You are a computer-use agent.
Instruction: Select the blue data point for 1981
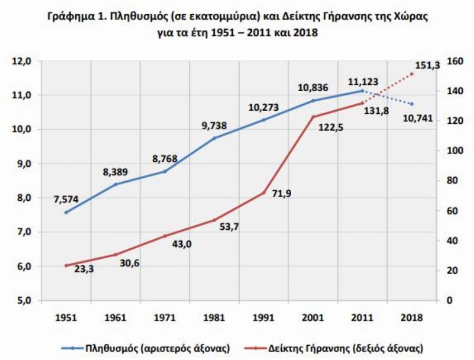click(214, 138)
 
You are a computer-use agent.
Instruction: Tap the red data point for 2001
click(313, 117)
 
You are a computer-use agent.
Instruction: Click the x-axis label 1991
click(263, 317)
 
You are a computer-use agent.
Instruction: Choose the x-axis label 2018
click(411, 317)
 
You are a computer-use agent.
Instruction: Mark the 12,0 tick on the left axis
click(24, 61)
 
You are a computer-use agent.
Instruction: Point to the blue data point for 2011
click(362, 91)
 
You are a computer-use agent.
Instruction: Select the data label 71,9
click(281, 193)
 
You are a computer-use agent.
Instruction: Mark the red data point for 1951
click(66, 266)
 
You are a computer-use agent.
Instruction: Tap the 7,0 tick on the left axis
click(24, 232)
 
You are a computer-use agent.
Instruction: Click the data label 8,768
click(165, 157)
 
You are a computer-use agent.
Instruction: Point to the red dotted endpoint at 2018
click(411, 74)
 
